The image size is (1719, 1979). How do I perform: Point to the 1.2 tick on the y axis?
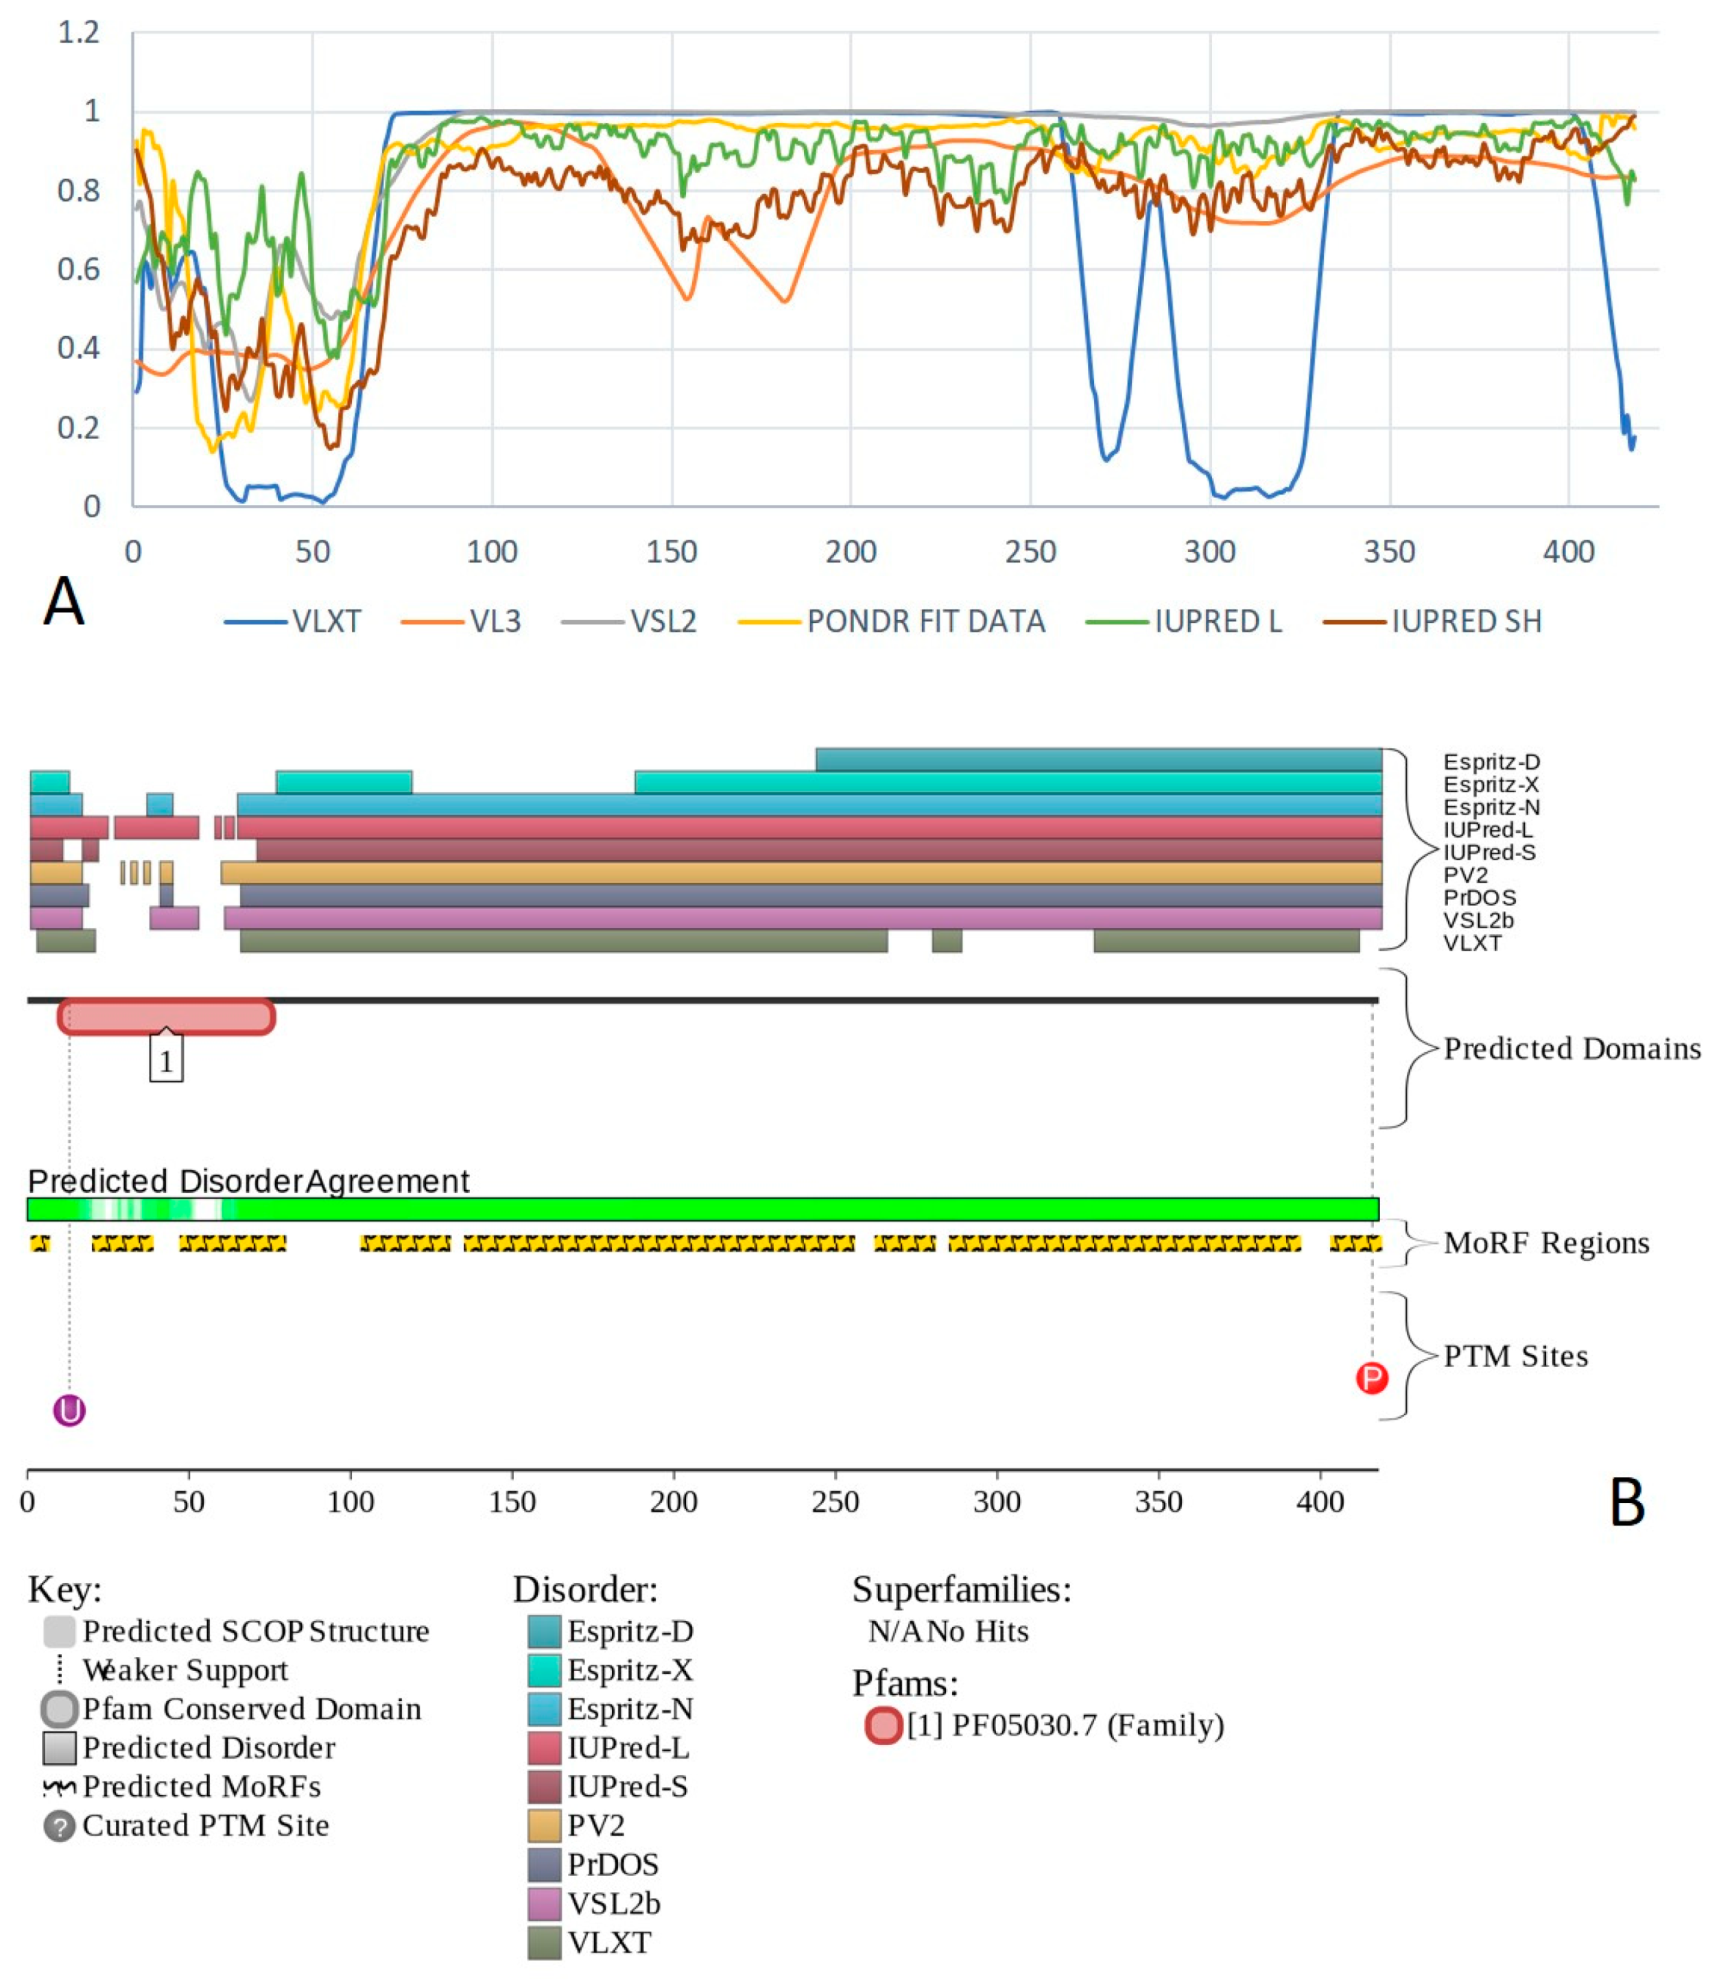(79, 33)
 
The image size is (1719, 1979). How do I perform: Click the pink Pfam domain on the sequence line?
(166, 1017)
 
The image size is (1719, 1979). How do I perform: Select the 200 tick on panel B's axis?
(674, 1502)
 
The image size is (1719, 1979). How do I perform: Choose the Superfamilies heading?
(961, 1591)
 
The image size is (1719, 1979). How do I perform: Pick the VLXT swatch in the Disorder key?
(544, 1943)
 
